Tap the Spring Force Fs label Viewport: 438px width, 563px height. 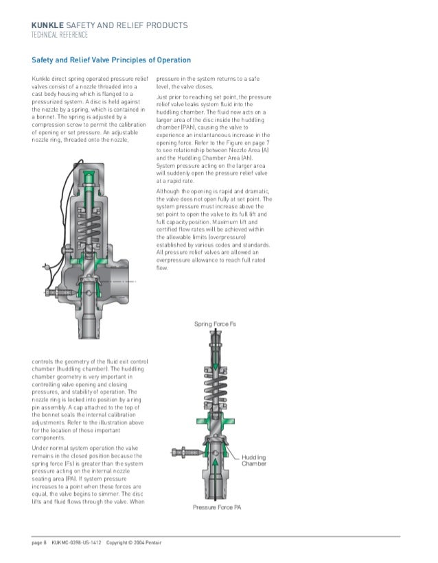(215, 324)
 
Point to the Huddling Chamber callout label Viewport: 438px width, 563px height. (253, 460)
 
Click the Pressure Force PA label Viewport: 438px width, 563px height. (216, 507)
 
